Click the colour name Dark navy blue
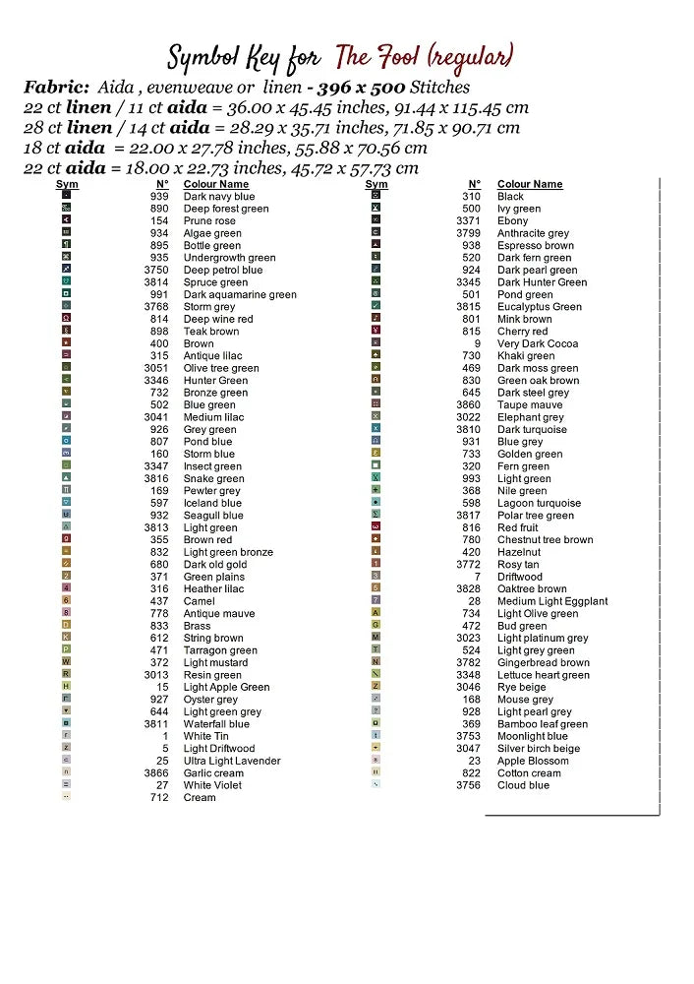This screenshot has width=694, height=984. tap(218, 197)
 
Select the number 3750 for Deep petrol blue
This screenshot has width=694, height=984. tap(155, 271)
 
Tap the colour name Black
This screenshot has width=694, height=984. tap(510, 197)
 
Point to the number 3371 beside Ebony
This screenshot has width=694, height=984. tap(468, 221)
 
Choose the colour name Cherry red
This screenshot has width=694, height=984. tap(523, 332)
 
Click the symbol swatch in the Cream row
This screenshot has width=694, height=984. tap(66, 798)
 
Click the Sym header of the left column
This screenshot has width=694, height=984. tap(67, 184)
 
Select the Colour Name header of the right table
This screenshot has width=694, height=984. tap(530, 184)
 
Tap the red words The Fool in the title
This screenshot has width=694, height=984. tap(378, 56)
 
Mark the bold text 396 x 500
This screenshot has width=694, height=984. tap(354, 88)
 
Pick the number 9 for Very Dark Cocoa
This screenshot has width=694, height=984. tap(477, 344)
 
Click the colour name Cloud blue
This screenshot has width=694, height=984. tap(523, 785)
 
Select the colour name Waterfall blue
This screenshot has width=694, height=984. tap(216, 724)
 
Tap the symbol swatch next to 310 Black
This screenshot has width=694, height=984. tap(376, 197)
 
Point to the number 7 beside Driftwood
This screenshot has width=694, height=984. tap(477, 577)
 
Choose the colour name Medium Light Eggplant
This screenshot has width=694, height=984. tap(552, 601)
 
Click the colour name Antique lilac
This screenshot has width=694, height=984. tap(212, 356)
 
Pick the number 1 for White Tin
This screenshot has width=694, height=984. tap(165, 736)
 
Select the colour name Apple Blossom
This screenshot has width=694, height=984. tap(532, 761)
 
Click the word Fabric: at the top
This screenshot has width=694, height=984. tap(55, 88)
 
